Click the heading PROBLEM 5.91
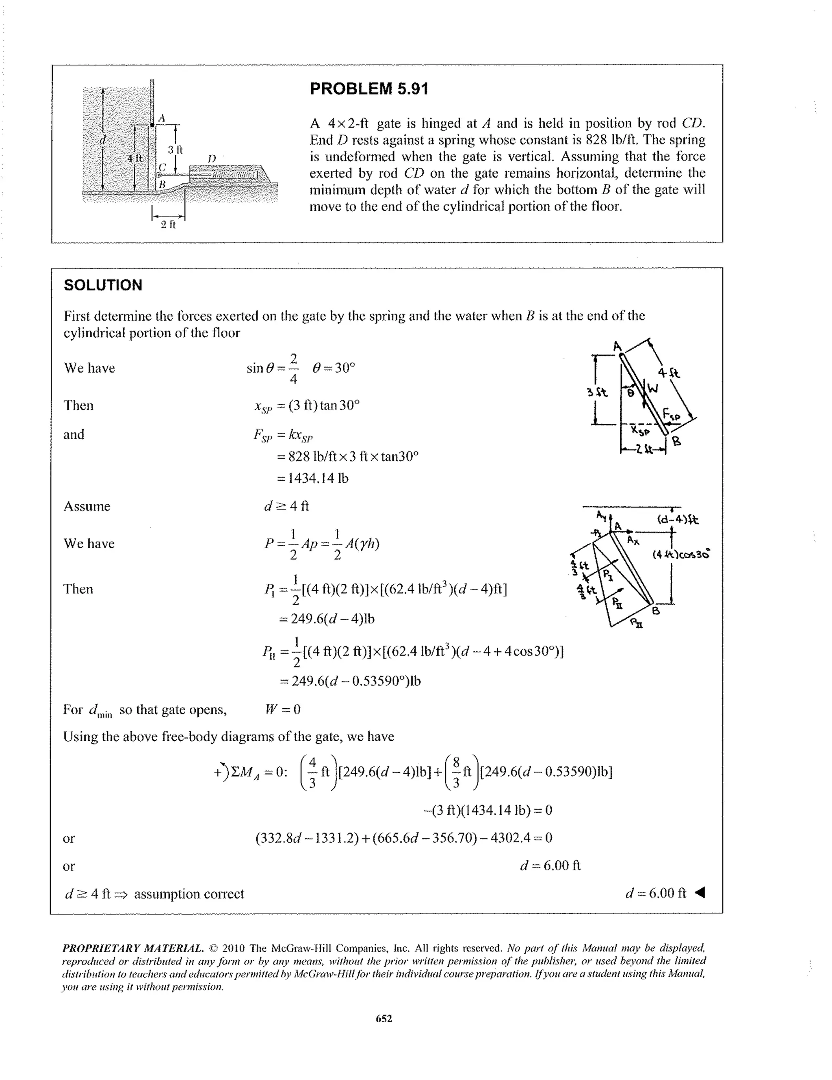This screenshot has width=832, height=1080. click(369, 89)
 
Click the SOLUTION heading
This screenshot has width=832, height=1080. click(103, 285)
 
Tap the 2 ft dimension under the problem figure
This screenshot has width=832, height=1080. click(168, 225)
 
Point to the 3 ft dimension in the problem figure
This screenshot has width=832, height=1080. click(175, 150)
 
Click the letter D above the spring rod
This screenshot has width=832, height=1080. click(212, 158)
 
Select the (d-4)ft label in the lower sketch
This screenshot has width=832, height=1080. click(677, 520)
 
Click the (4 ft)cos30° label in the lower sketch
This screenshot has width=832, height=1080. click(681, 554)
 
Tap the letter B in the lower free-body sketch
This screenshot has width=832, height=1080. click(656, 611)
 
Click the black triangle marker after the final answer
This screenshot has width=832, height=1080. click(700, 893)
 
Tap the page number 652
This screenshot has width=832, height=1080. click(383, 1018)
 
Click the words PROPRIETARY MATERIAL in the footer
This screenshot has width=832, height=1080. click(132, 948)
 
